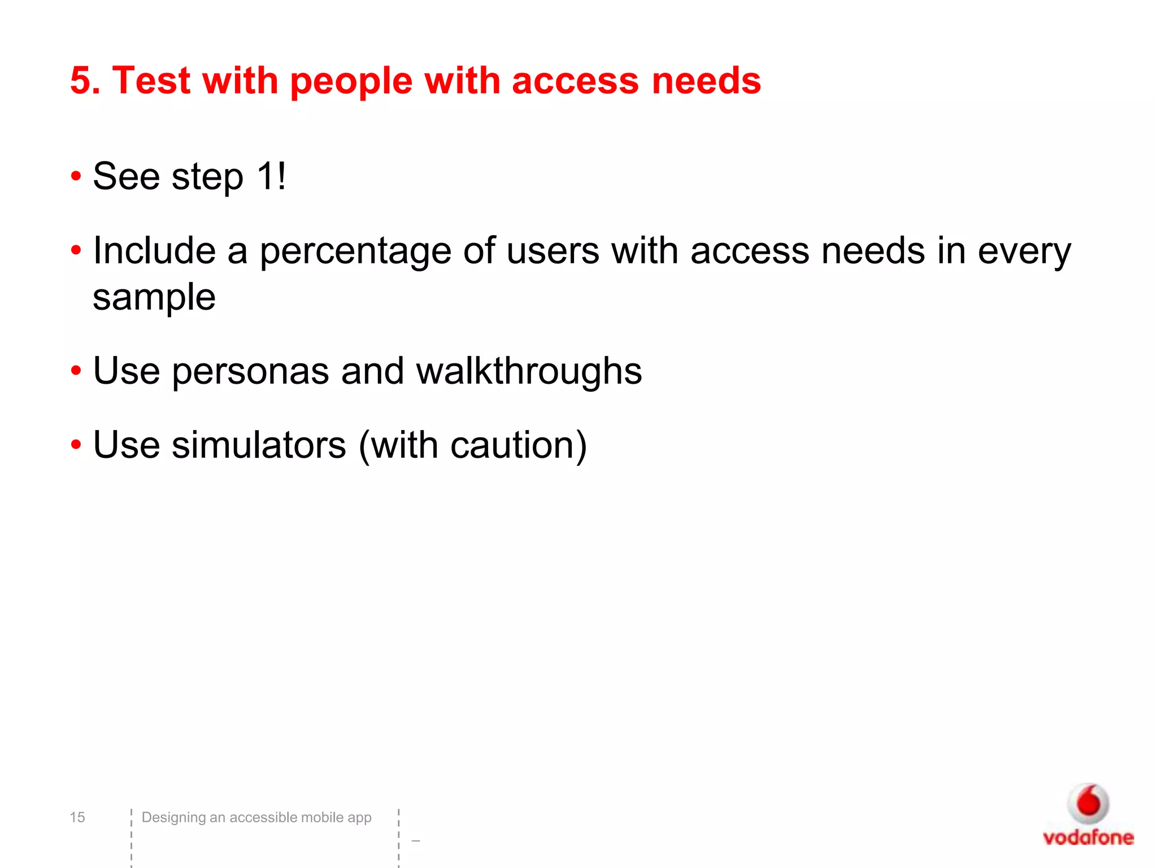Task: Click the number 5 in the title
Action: pyautogui.click(x=82, y=80)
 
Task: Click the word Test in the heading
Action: pyautogui.click(x=151, y=80)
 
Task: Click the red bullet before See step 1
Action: pyautogui.click(x=76, y=177)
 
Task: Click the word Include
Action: pyautogui.click(x=154, y=250)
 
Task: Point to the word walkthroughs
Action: pyautogui.click(x=529, y=371)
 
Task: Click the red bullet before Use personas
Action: pyautogui.click(x=76, y=371)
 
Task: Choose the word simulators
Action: pyautogui.click(x=259, y=445)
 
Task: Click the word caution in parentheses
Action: pyautogui.click(x=512, y=445)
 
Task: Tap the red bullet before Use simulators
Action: pyautogui.click(x=76, y=445)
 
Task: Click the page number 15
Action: pyautogui.click(x=77, y=817)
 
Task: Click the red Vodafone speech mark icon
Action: pyautogui.click(x=1088, y=803)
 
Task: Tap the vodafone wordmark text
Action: pyautogui.click(x=1088, y=837)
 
